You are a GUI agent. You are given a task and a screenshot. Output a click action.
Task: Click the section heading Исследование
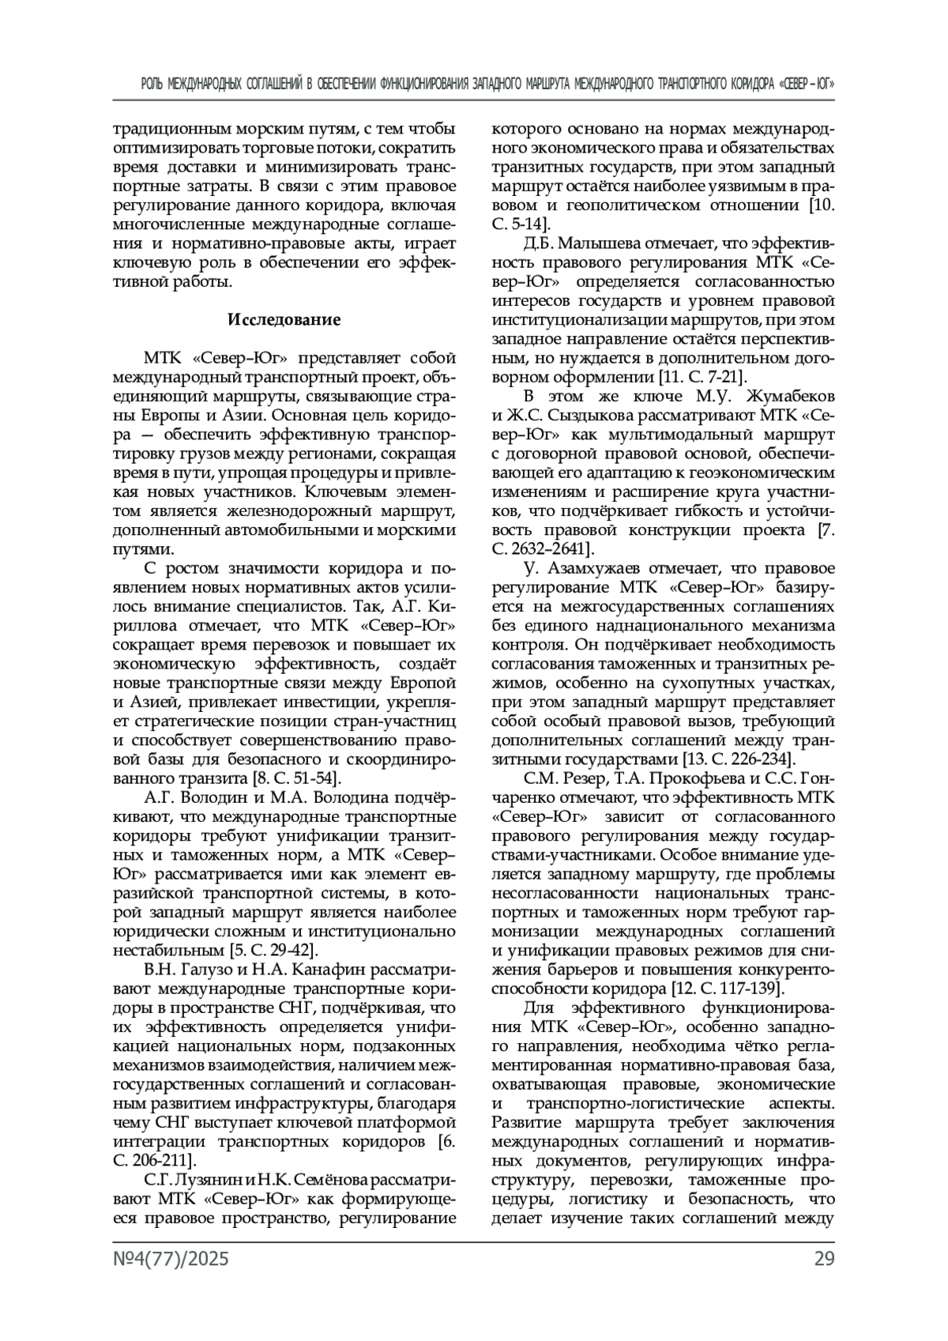[x=284, y=320]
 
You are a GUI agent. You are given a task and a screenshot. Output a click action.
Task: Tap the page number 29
[x=824, y=1259]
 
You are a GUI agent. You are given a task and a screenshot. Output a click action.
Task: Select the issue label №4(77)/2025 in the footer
[x=171, y=1259]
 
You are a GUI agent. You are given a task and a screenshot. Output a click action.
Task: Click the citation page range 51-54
[x=317, y=778]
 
